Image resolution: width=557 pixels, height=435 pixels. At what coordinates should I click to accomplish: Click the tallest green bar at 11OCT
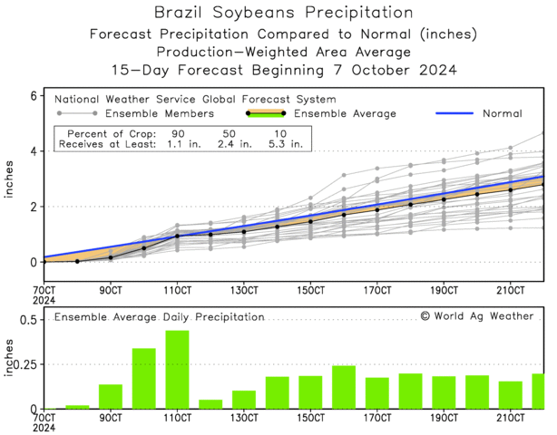point(177,370)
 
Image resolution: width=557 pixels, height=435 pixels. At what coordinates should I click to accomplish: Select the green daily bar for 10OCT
point(143,379)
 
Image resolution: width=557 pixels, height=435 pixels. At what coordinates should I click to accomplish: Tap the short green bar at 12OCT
point(210,404)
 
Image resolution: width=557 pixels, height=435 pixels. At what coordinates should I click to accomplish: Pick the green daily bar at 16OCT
point(344,387)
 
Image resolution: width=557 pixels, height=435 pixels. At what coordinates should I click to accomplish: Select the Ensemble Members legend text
point(158,113)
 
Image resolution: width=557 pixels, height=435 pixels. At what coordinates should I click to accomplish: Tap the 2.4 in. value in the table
point(231,142)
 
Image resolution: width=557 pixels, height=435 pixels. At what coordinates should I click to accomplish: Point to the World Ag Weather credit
point(476,316)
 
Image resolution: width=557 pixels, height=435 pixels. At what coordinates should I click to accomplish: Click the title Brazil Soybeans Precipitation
point(277,13)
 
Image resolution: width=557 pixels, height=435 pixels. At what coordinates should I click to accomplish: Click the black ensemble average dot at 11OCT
point(177,236)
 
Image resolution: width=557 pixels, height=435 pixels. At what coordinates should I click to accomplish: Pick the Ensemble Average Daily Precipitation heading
point(160,317)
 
